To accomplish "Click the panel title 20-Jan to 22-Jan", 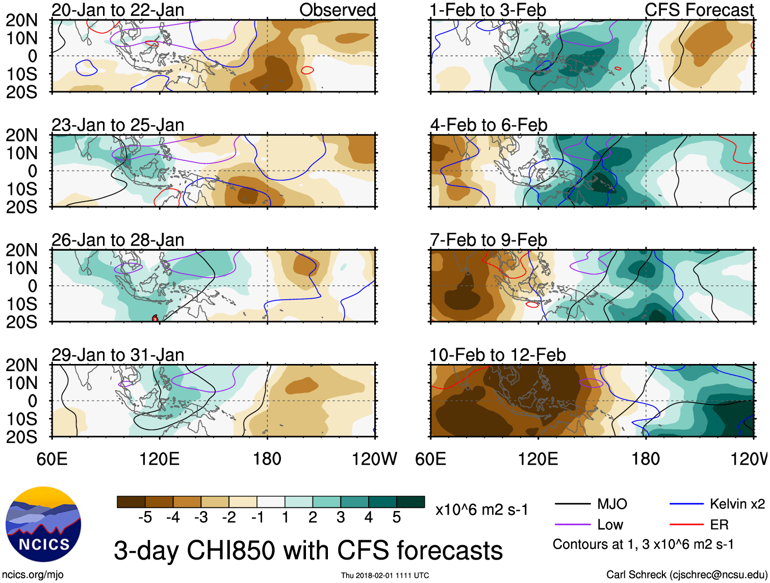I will tap(118, 10).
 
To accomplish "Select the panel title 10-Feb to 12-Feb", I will tap(498, 355).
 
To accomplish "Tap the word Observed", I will tap(337, 10).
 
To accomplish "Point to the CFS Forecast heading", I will tap(699, 10).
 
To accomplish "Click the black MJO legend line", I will tap(573, 504).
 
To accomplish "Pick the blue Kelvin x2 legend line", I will tap(686, 504).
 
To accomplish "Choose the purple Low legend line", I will tap(573, 525).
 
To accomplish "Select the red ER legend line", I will tap(686, 525).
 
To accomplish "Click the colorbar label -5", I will tap(145, 518).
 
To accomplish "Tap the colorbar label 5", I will tap(396, 518).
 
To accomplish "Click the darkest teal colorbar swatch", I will tap(410, 502).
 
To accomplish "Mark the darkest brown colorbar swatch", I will tap(131, 502).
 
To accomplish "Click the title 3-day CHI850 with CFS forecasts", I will tap(308, 551).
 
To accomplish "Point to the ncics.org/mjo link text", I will tap(33, 575).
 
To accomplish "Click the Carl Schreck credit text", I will tap(685, 575).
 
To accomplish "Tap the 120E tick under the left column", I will tap(160, 459).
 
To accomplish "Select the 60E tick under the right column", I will tap(431, 459).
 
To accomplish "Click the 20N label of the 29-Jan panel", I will tap(22, 365).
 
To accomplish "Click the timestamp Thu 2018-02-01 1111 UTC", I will tap(385, 575).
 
